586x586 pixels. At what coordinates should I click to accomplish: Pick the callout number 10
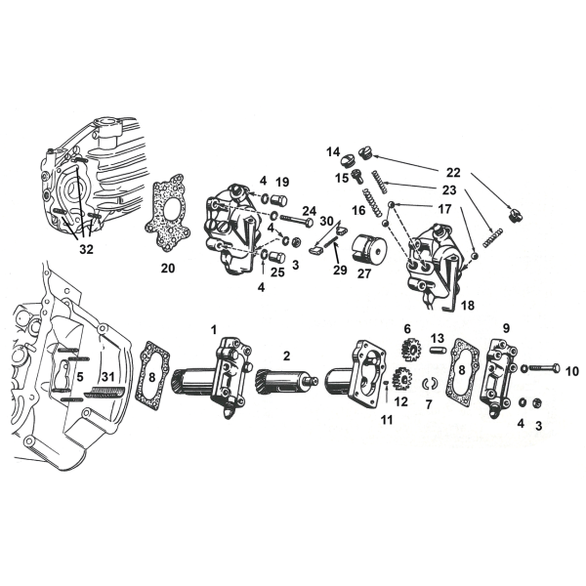click(571, 370)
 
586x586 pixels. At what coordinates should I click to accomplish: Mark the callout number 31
click(108, 378)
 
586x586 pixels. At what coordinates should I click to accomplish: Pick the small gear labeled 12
click(399, 378)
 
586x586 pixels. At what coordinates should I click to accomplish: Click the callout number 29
click(340, 270)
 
